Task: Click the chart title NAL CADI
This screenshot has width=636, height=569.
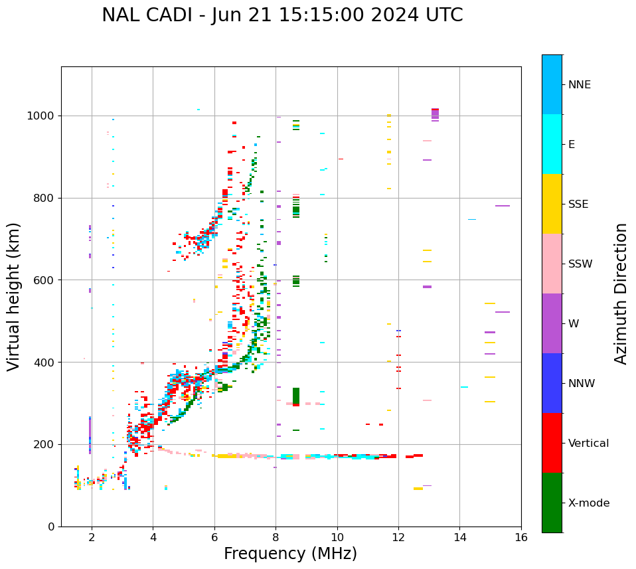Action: point(282,15)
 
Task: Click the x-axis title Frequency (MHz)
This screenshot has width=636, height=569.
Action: point(290,554)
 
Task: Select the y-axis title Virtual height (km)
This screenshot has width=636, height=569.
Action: point(14,296)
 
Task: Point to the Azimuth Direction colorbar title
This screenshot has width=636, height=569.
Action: point(621,293)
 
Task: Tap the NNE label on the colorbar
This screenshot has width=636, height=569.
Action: point(579,85)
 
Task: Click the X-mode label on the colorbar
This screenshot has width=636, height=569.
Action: point(588,503)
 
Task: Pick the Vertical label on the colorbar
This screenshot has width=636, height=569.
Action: point(588,444)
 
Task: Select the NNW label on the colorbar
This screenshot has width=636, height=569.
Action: point(581,384)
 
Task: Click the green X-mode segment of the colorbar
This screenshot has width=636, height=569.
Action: point(552,503)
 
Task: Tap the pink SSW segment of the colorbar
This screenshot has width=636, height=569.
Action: point(552,264)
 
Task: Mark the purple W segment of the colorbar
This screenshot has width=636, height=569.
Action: point(552,323)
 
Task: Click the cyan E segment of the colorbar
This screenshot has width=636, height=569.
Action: point(552,144)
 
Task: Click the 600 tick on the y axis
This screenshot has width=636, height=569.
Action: point(44,280)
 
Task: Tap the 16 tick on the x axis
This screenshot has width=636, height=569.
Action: point(521,537)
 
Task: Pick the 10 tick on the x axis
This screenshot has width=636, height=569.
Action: point(337,537)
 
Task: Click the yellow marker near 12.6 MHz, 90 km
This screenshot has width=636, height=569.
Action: point(418,489)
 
